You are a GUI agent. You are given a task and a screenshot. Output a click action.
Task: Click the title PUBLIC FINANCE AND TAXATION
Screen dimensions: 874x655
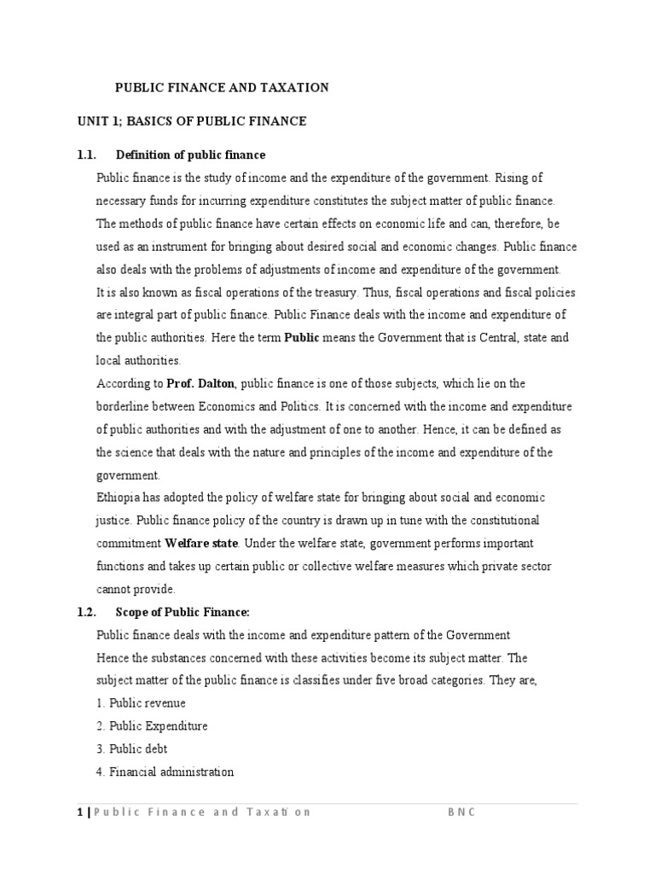(x=222, y=88)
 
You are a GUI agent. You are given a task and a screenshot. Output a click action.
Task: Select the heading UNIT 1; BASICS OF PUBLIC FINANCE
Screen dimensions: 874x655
(x=192, y=121)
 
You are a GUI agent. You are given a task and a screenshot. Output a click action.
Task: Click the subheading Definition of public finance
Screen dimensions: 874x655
(x=190, y=154)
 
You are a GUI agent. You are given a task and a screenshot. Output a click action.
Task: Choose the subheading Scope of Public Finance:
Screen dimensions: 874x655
(x=183, y=612)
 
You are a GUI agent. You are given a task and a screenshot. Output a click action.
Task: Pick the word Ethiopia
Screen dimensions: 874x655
(x=120, y=498)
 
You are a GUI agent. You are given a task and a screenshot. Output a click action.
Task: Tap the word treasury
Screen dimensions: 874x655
(x=328, y=292)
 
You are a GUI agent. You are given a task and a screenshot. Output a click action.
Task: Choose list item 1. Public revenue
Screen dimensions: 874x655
(x=141, y=703)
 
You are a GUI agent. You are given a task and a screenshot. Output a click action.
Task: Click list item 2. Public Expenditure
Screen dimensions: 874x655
(x=152, y=726)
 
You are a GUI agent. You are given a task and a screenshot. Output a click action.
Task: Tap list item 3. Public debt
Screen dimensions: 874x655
(x=132, y=749)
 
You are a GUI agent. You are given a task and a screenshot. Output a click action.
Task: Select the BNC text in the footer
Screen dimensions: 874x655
(x=461, y=813)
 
